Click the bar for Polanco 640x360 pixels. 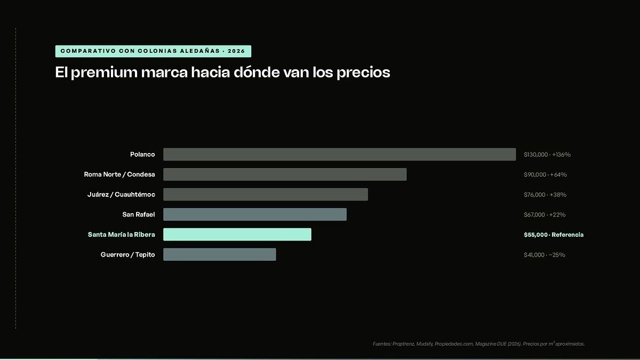(339, 154)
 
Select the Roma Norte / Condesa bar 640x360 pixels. (285, 174)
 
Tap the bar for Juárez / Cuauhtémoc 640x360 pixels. (266, 194)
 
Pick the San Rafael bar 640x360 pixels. (255, 214)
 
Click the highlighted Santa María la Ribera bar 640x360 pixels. (237, 234)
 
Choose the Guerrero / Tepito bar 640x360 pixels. (219, 254)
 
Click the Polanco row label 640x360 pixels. (142, 154)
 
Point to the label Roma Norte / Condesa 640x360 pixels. (119, 174)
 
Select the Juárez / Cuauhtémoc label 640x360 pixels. (121, 194)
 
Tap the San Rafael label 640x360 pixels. (139, 214)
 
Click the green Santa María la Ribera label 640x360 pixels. (122, 234)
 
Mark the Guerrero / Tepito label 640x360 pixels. (127, 254)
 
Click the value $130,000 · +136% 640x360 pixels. (547, 155)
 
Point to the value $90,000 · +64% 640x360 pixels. (545, 174)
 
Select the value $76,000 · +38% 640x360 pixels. (545, 195)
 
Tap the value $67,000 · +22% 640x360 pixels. (545, 214)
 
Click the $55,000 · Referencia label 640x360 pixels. (554, 235)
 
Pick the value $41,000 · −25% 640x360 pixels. (545, 254)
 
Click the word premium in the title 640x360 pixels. (104, 73)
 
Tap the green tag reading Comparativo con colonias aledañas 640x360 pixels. (153, 51)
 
